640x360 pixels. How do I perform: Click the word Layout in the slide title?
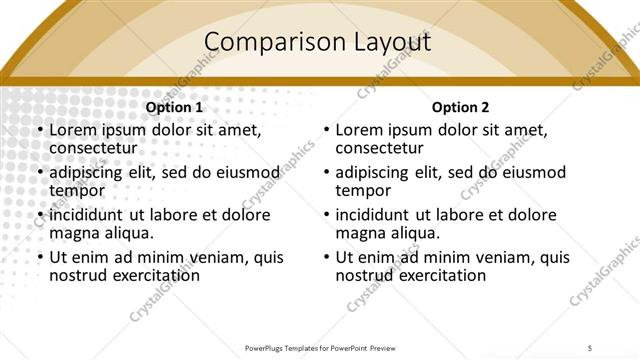386,42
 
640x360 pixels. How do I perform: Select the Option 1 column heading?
174,107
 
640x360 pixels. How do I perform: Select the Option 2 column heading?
460,107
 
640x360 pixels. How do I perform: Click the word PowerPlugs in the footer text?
272,348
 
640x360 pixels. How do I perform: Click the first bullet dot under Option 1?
39,130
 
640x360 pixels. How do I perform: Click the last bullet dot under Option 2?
326,257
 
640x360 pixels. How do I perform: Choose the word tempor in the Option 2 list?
362,190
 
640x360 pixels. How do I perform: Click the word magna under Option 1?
73,233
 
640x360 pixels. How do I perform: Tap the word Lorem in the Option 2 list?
358,130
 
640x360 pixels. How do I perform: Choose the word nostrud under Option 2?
364,275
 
